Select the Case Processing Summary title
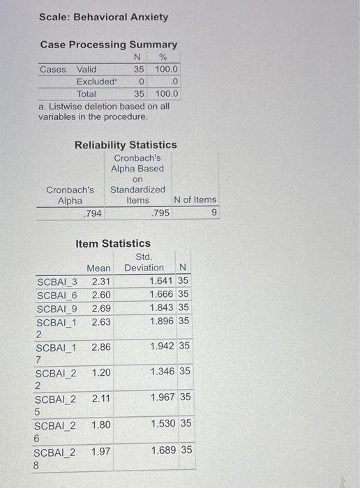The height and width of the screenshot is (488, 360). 108,45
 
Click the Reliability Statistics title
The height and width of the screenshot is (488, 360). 126,144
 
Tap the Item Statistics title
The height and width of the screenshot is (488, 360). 112,243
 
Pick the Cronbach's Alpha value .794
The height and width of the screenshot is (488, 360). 91,213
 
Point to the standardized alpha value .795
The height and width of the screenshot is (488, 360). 160,213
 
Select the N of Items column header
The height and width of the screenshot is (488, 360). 195,200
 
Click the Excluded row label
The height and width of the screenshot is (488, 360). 97,82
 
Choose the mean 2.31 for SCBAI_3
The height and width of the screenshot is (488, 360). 101,281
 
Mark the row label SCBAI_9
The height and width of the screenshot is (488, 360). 57,308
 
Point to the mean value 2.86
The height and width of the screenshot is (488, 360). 101,346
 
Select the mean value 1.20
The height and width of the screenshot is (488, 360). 101,372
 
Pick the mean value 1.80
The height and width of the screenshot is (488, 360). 101,424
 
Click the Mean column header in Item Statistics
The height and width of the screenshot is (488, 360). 99,268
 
